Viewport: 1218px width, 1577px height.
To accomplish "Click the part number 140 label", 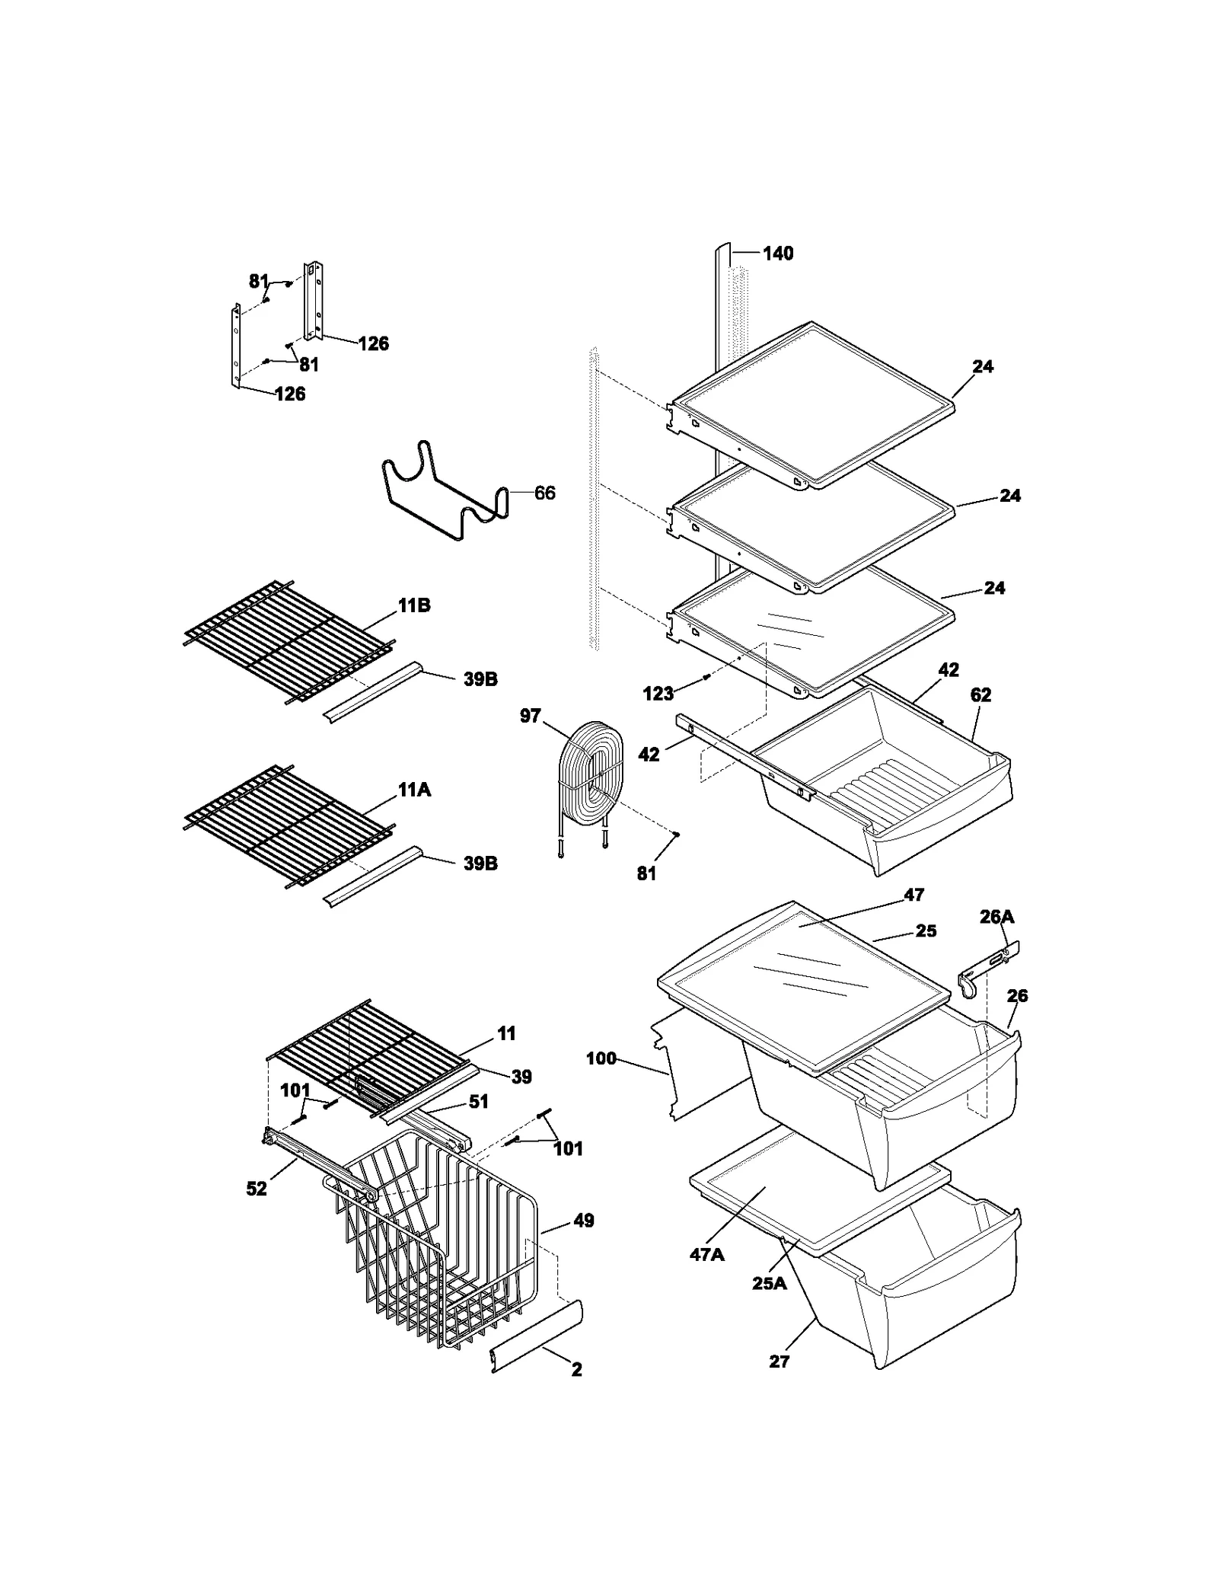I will coord(777,254).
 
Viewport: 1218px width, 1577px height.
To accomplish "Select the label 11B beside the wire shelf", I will coord(413,605).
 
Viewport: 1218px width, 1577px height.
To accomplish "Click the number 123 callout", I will coord(658,693).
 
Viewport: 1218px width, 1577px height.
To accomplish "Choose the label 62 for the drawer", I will coord(980,694).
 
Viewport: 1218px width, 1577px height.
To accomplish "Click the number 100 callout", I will coord(601,1058).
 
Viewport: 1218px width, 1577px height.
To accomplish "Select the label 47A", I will coord(706,1254).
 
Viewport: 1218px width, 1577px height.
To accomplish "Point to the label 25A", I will coord(769,1283).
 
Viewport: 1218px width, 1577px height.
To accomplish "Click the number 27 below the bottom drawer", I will coord(779,1361).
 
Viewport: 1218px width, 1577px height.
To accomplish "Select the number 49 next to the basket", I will coord(583,1221).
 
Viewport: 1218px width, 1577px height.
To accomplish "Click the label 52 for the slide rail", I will coord(257,1189).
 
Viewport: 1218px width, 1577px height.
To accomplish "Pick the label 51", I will coord(478,1101).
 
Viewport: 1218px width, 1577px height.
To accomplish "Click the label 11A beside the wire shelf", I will coord(413,790).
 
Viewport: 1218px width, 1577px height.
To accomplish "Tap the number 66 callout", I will coord(544,493).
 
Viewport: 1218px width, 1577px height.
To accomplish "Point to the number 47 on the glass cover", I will coord(913,895).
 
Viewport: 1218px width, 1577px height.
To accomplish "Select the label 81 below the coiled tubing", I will coord(646,873).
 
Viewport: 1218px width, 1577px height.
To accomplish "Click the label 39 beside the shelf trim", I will coord(521,1076).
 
